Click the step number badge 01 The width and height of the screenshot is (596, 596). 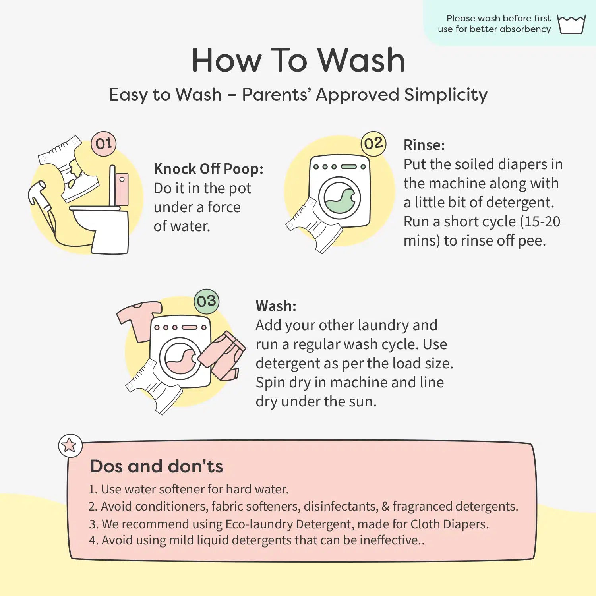(x=104, y=143)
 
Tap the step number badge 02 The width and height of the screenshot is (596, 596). (x=373, y=143)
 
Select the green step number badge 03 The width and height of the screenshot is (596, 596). (x=207, y=301)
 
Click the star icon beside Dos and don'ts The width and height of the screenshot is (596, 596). (x=70, y=445)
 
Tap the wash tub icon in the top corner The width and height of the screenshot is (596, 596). (x=571, y=24)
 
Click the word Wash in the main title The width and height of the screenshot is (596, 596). (x=361, y=60)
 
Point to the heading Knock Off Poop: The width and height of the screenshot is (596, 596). (x=209, y=169)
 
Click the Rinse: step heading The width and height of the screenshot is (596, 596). (x=424, y=145)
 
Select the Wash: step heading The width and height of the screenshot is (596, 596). (x=276, y=306)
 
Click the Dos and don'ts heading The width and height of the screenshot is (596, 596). (x=157, y=466)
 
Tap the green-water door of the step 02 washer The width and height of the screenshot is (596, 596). (x=339, y=198)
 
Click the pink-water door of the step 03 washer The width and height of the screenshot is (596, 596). (x=180, y=358)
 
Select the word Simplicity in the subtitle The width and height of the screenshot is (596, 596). (x=446, y=95)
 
